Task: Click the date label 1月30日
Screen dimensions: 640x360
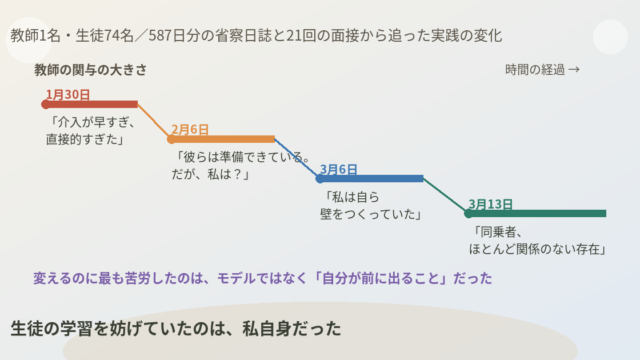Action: pyautogui.click(x=68, y=95)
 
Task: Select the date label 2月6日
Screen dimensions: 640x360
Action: pyautogui.click(x=190, y=129)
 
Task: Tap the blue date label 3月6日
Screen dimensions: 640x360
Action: pyautogui.click(x=338, y=169)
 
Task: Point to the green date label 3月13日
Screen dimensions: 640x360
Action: pyautogui.click(x=490, y=204)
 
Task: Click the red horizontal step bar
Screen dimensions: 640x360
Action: pyautogui.click(x=91, y=104)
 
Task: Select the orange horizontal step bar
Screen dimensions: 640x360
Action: pyautogui.click(x=223, y=140)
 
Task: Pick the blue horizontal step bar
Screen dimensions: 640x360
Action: pyautogui.click(x=371, y=179)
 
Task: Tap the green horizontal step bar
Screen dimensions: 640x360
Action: pyautogui.click(x=537, y=213)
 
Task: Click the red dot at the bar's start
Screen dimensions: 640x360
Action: pyautogui.click(x=46, y=105)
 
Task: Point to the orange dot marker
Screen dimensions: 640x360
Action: pyautogui.click(x=171, y=140)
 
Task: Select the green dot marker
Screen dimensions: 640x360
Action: pyautogui.click(x=469, y=213)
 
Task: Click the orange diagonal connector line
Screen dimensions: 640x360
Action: pyautogui.click(x=154, y=122)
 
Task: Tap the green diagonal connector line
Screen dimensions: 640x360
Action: pyautogui.click(x=446, y=196)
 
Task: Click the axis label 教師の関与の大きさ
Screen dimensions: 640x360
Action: pyautogui.click(x=90, y=70)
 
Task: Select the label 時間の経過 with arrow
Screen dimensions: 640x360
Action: pyautogui.click(x=542, y=70)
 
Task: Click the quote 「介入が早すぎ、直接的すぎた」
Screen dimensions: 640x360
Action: pyautogui.click(x=90, y=131)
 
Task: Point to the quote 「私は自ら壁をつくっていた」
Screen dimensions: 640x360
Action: pyautogui.click(x=370, y=206)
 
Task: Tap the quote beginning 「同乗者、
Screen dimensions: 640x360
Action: pyautogui.click(x=537, y=240)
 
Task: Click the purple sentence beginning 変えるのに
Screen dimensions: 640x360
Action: pyautogui.click(x=262, y=278)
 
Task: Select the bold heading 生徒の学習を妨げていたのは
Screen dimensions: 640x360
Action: pyautogui.click(x=176, y=329)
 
